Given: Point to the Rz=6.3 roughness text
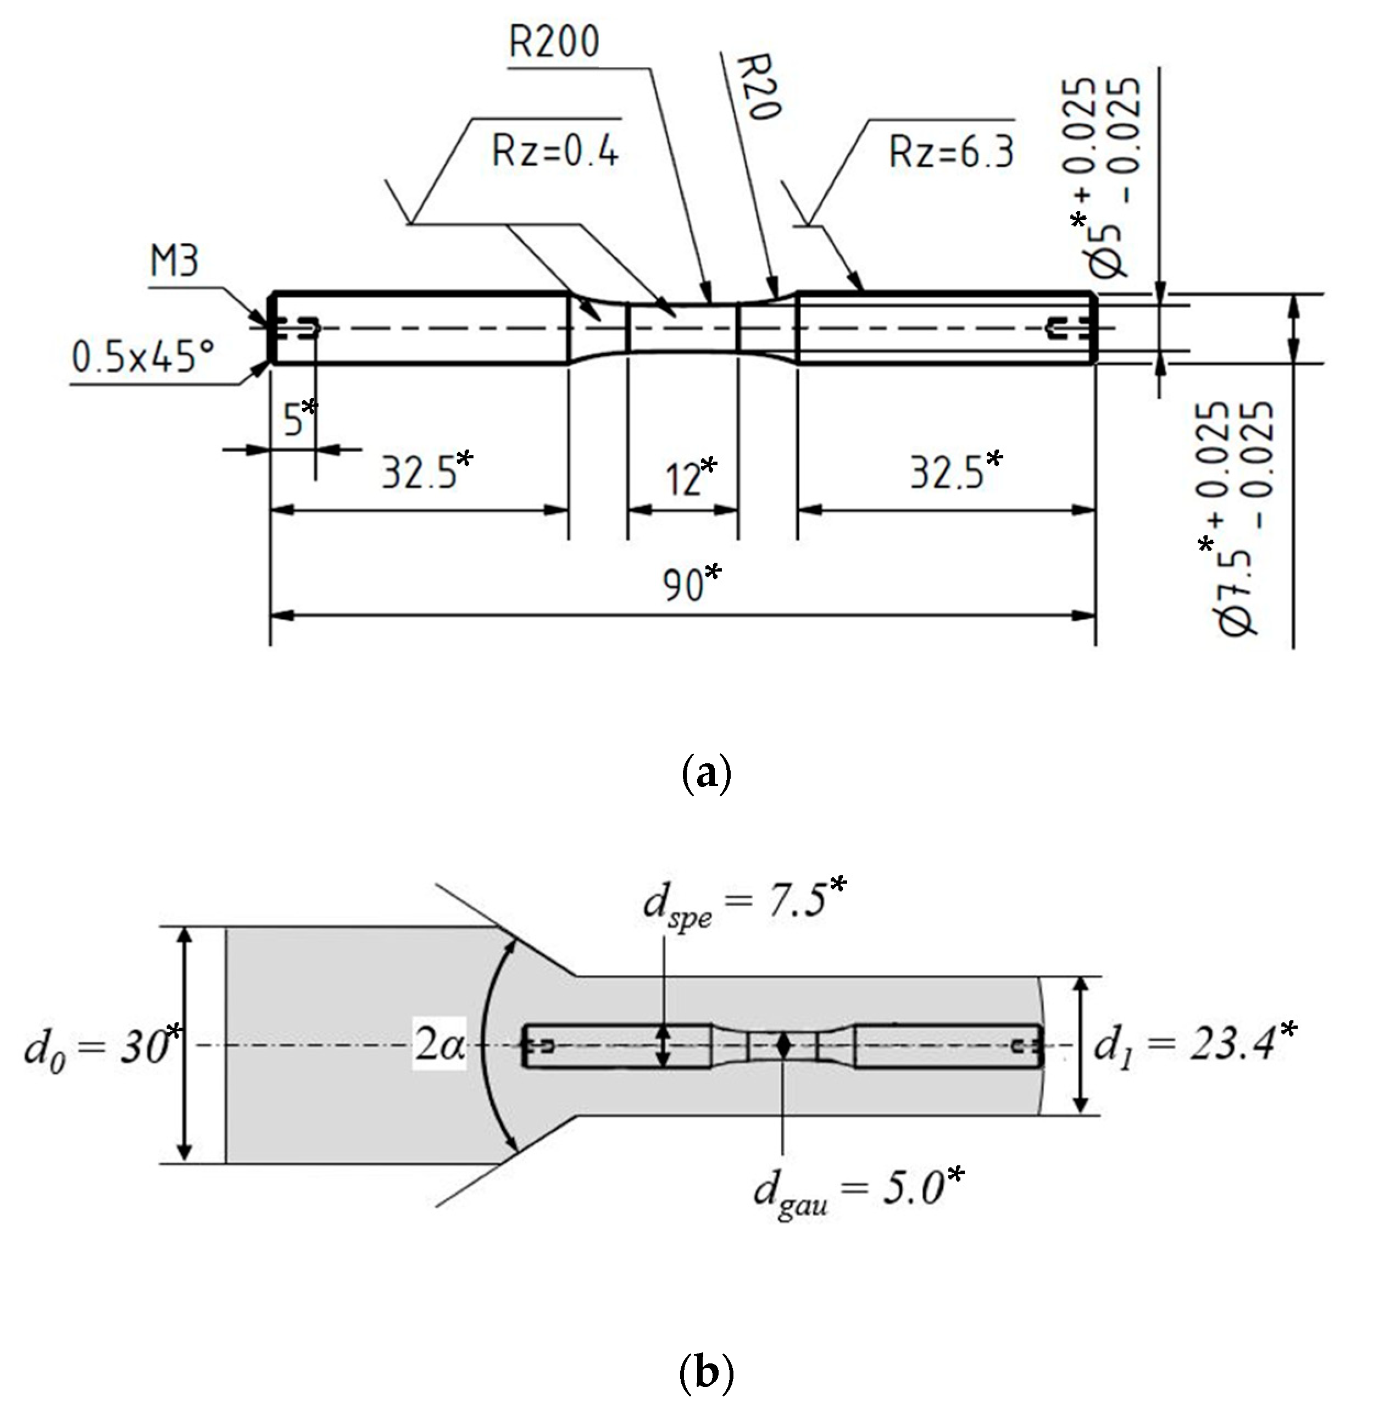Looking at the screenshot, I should (x=952, y=153).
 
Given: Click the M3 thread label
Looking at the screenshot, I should (x=174, y=262).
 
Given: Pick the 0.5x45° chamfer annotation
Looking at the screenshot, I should (x=143, y=357).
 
